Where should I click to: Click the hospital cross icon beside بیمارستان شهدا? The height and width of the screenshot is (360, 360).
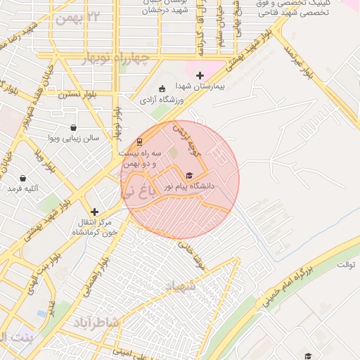click(200, 75)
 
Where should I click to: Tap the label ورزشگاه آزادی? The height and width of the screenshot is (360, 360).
click(162, 101)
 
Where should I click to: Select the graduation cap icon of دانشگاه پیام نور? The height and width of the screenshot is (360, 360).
click(188, 176)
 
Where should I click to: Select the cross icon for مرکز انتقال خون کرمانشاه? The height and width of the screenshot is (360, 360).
click(94, 212)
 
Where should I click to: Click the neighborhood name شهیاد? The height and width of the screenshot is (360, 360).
click(179, 286)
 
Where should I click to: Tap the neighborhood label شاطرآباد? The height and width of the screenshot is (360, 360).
click(98, 322)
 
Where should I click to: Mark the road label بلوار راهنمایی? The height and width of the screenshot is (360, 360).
click(98, 274)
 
